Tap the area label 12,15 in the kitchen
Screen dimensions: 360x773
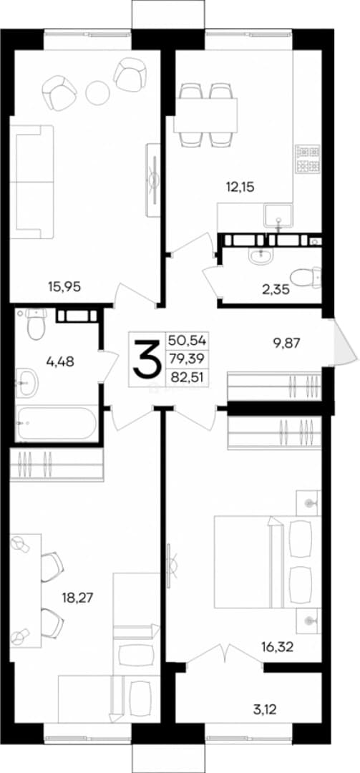240,187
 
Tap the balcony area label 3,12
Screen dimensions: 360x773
266,696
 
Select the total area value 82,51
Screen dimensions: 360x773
188,378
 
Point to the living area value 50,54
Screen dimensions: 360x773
188,340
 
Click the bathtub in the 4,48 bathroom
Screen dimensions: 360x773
57,423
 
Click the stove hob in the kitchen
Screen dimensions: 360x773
308,159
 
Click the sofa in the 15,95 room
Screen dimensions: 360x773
32,182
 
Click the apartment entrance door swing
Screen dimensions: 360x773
345,341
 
